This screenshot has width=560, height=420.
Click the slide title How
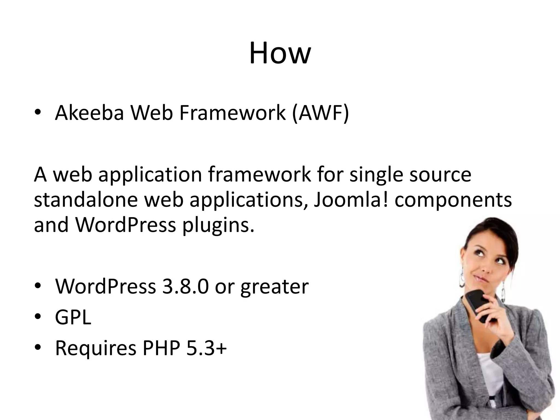coord(280,53)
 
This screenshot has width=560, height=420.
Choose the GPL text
coord(73,317)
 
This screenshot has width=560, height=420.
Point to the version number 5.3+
coord(206,348)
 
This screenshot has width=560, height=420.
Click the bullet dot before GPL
coord(38,317)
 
